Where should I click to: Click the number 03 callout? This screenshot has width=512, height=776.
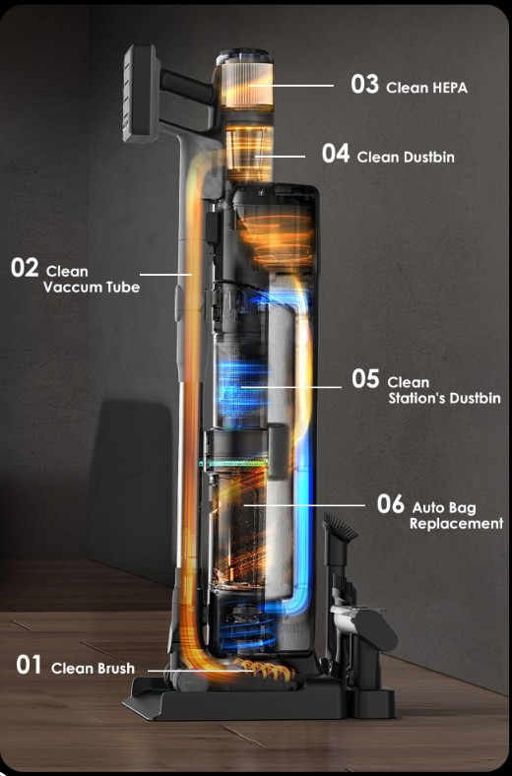click(x=364, y=84)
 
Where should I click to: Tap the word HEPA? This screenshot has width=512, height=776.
click(x=449, y=88)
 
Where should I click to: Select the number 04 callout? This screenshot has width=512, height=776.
click(x=336, y=154)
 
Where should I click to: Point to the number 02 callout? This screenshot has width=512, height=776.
click(x=25, y=268)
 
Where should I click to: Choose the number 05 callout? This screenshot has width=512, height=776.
click(x=365, y=378)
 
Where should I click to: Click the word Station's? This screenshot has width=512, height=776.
click(x=415, y=399)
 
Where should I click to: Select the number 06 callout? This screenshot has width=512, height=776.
click(x=391, y=504)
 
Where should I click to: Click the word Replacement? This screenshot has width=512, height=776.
click(x=456, y=524)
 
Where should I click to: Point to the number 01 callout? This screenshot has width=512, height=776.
click(x=29, y=665)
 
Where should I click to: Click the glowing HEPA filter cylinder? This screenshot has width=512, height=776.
click(x=246, y=84)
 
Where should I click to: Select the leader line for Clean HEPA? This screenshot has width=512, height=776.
click(x=290, y=86)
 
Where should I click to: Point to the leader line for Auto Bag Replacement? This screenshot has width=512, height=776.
click(x=304, y=505)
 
